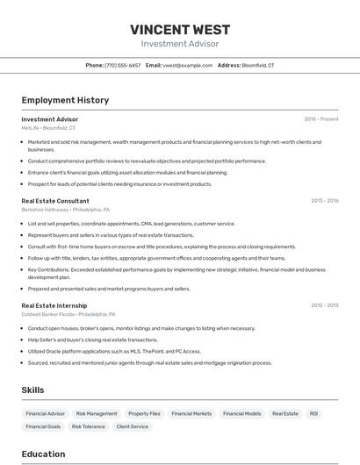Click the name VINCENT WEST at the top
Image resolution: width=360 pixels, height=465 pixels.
point(179,29)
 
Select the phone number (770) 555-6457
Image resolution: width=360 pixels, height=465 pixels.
point(122,65)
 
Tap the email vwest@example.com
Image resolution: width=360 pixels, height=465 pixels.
point(187,65)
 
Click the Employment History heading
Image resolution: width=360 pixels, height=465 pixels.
point(65,100)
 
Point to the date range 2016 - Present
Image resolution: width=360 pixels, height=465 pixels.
point(321,118)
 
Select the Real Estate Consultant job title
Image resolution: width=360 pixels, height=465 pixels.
point(55,201)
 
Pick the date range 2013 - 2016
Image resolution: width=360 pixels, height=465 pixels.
point(324,201)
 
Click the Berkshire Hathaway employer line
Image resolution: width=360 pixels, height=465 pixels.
point(66,211)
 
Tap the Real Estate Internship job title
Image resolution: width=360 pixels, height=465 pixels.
point(54,305)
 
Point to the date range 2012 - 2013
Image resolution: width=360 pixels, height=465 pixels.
point(324,305)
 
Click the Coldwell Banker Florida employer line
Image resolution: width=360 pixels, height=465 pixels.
point(68,314)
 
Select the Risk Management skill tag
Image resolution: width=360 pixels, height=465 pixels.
point(97,413)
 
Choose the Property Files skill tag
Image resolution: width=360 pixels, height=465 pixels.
point(144,413)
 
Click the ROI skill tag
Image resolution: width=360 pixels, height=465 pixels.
point(313,413)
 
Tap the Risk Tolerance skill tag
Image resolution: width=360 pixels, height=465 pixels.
point(88,426)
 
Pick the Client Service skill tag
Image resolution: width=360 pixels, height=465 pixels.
point(133,426)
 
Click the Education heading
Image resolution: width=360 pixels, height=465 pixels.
point(43,454)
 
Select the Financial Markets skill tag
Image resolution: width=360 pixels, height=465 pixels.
point(191,413)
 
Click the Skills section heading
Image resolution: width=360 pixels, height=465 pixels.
point(32,390)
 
